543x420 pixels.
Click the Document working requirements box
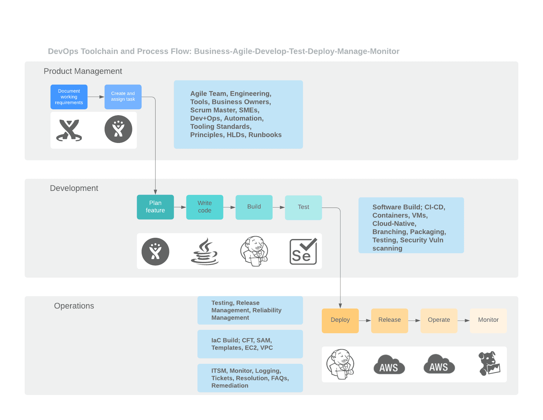(69, 97)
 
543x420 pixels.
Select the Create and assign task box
(123, 97)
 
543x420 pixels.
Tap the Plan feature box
(155, 207)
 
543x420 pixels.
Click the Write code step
(205, 207)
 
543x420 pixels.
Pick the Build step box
(254, 207)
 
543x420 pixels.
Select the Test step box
(303, 207)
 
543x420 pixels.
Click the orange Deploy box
(340, 321)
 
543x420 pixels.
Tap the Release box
(389, 321)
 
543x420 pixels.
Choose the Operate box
(439, 321)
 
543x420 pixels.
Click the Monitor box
(488, 321)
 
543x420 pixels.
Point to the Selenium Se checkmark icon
(303, 251)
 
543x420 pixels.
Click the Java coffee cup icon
(205, 251)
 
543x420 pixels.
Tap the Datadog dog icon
(489, 364)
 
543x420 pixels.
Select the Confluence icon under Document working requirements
(69, 130)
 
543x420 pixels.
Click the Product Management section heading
(83, 71)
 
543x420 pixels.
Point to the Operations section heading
(74, 306)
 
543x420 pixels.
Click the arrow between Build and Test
(279, 208)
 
